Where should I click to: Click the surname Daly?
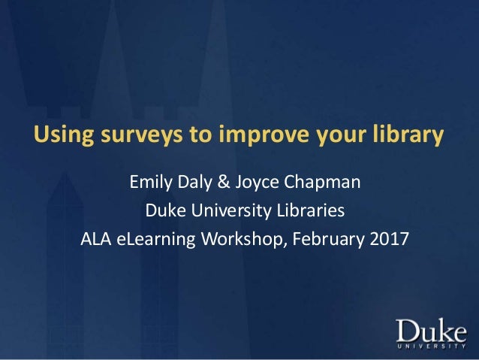199,182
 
